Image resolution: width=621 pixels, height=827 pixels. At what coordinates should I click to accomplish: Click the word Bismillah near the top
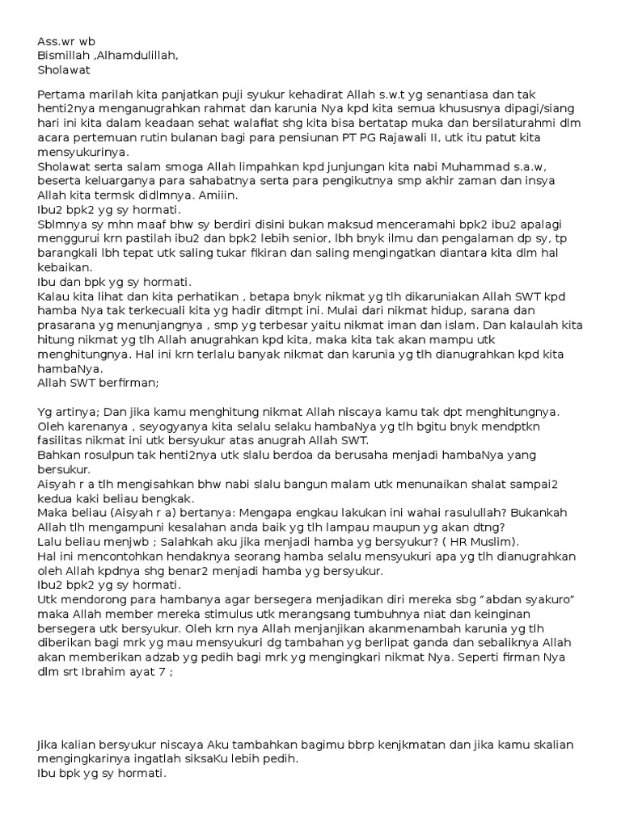tap(65, 55)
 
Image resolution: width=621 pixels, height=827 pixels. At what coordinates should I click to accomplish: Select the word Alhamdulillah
tap(138, 55)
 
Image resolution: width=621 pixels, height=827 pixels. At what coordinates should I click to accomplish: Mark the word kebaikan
tap(65, 270)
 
